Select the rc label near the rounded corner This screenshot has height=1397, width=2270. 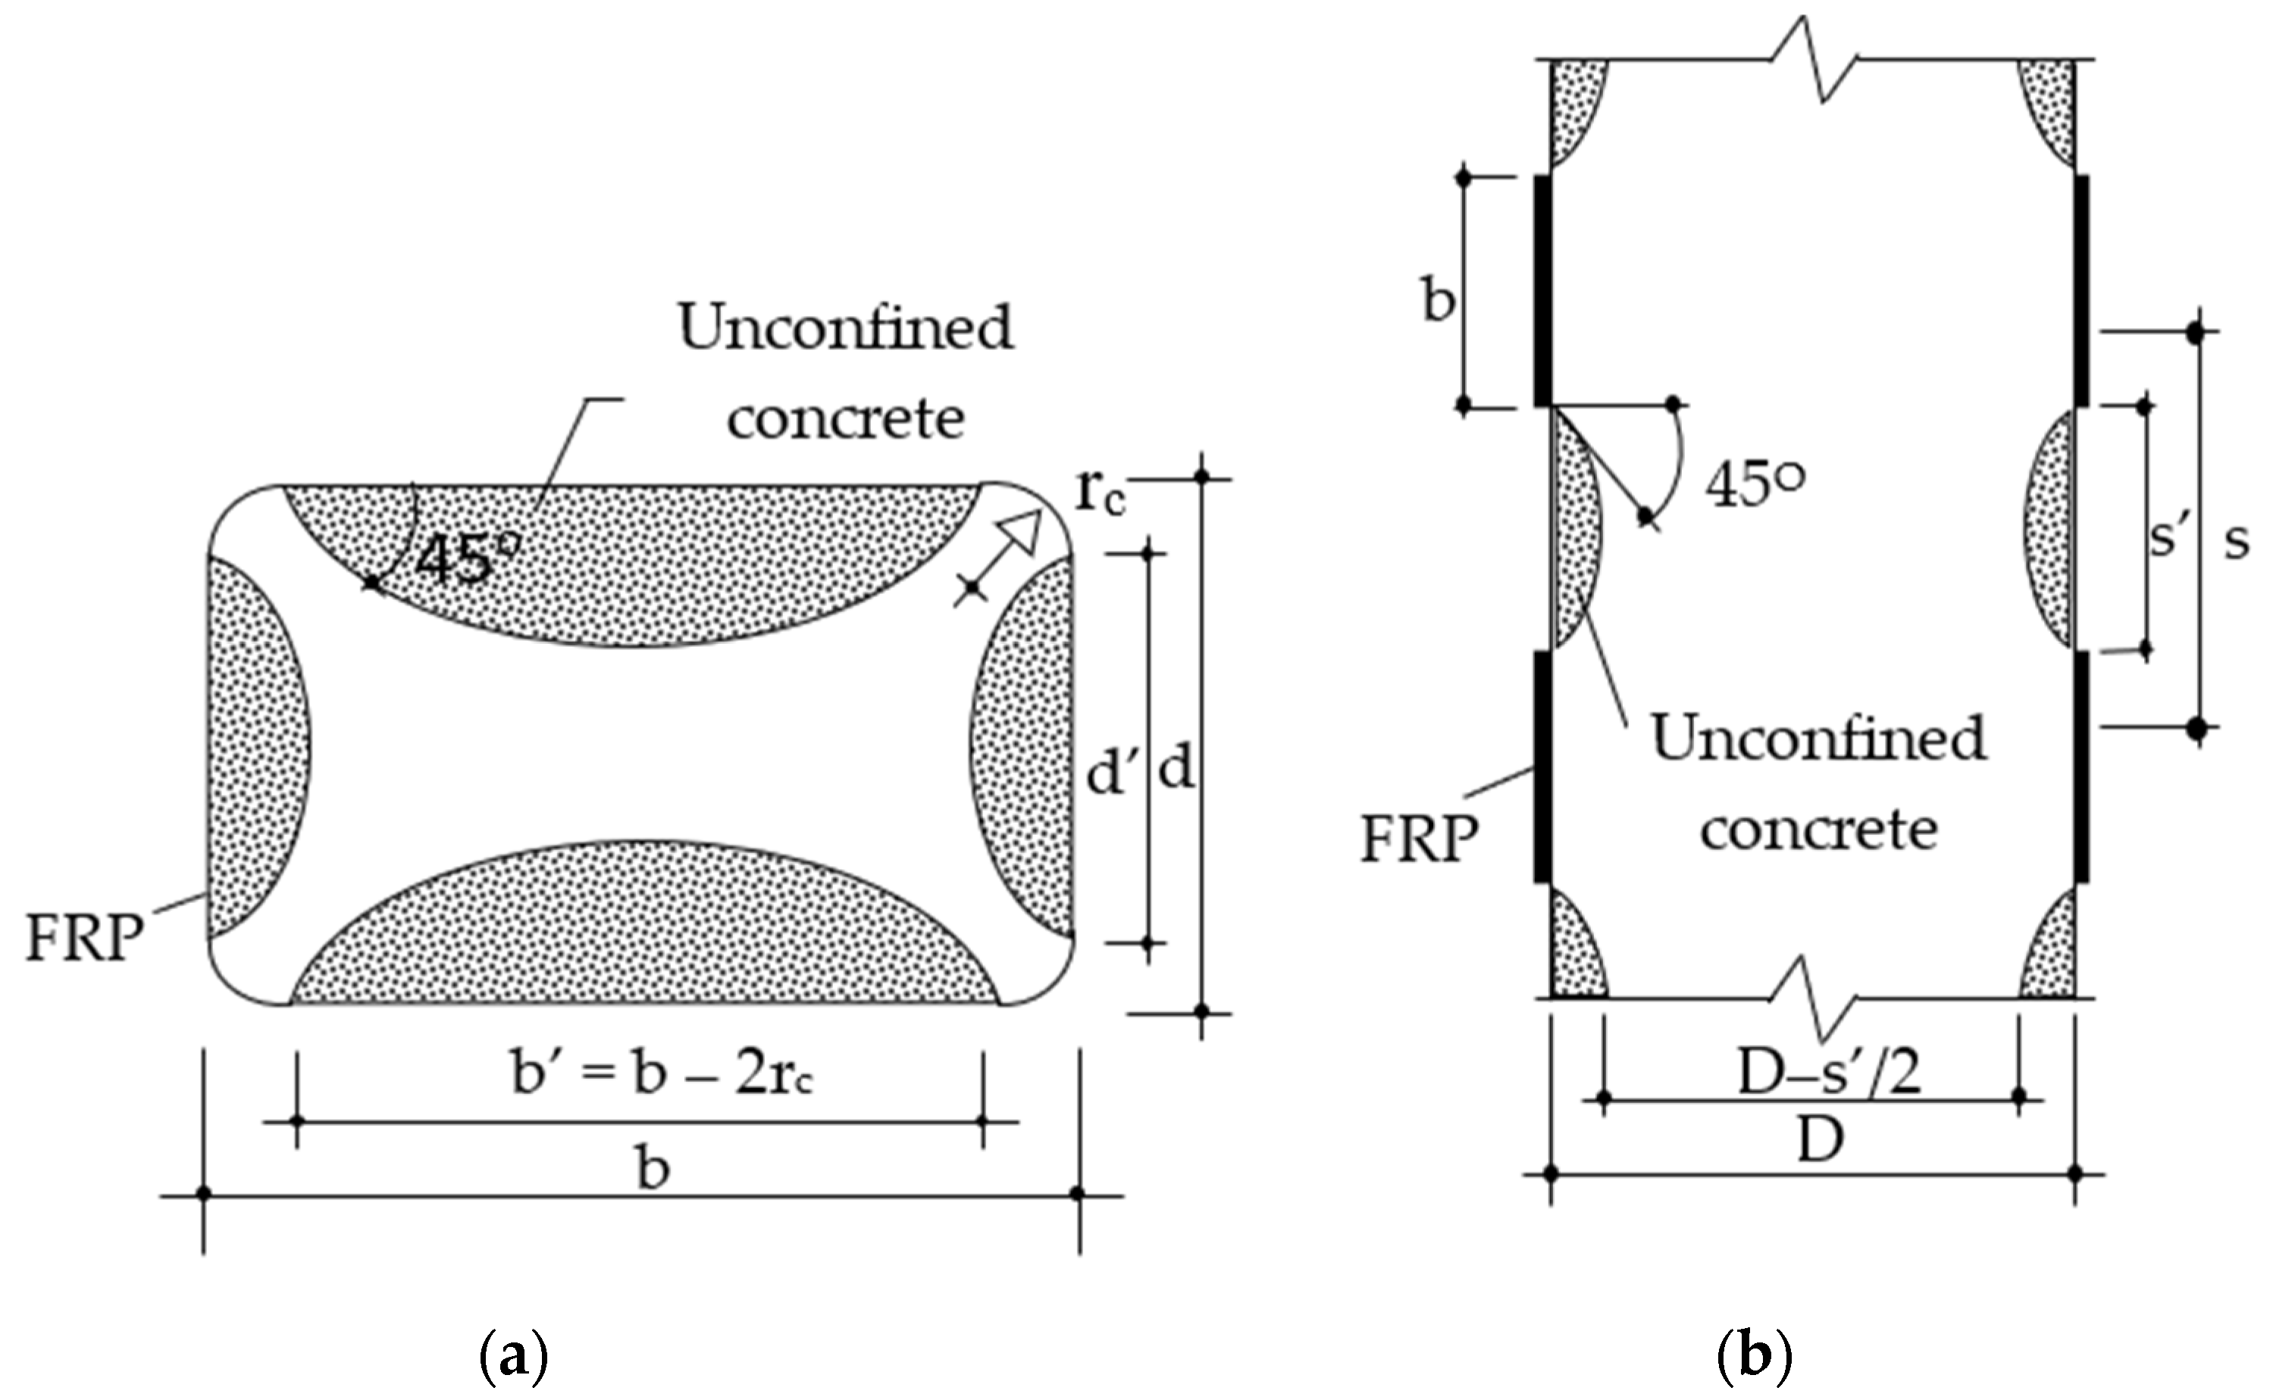[1101, 495]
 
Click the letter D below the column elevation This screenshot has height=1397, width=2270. [1820, 1140]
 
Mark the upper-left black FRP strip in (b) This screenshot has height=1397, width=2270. [1542, 290]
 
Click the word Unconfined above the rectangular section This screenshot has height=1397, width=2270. [846, 328]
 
